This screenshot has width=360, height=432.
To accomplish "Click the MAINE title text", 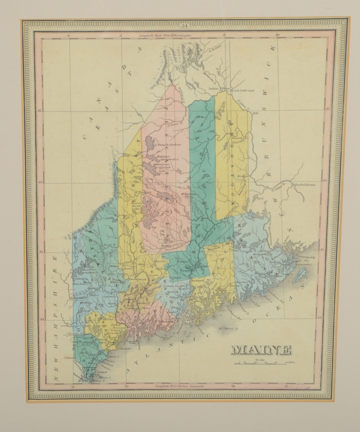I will pyautogui.click(x=261, y=350).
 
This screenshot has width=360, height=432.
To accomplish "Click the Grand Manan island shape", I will pyautogui.click(x=301, y=273).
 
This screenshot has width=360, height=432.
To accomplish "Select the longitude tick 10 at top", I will pyautogui.click(x=277, y=35).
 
